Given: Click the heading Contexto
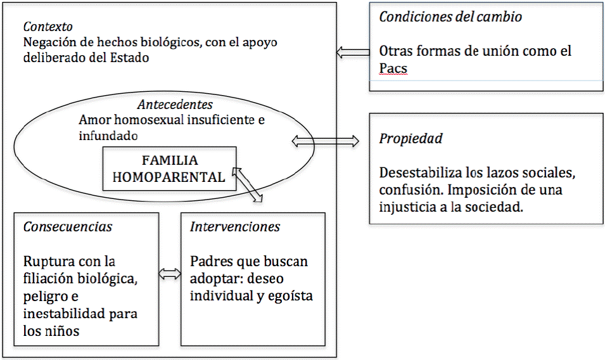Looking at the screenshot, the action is click(x=48, y=27).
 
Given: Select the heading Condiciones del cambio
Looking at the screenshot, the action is click(x=450, y=17).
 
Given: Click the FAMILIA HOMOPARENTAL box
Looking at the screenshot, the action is click(x=169, y=168).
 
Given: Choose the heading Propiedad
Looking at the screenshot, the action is click(x=411, y=138).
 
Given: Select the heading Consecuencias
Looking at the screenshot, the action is click(x=68, y=227).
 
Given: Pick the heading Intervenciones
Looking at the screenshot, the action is click(x=235, y=227).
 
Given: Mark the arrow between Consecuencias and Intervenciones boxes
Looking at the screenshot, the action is click(x=169, y=274).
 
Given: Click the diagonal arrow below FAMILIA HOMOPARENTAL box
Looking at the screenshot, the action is click(x=248, y=184).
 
